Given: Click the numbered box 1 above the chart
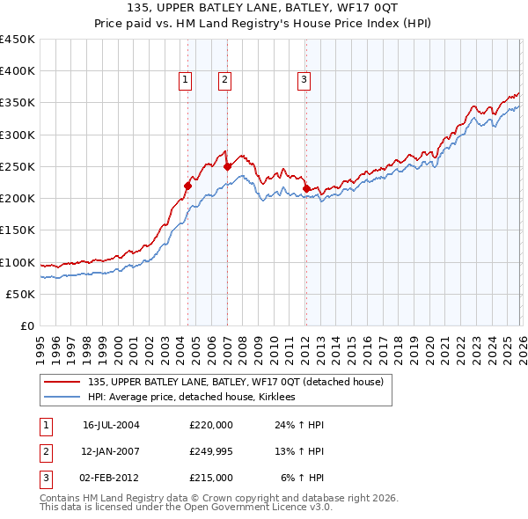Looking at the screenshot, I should point(187,80).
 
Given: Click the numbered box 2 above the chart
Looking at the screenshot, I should point(225,80).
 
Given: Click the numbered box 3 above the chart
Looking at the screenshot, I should point(304,80).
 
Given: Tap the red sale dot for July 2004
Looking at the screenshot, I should point(187,185).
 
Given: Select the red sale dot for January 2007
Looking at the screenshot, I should point(227,165).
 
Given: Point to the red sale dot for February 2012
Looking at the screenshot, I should point(305,188).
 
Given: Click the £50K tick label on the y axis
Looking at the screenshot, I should point(21,294).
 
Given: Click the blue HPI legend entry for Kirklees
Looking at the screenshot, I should point(191,398).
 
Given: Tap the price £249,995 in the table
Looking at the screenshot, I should point(210,450).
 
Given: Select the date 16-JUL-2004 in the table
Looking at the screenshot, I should point(111,424).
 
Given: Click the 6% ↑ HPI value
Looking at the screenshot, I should point(303,477).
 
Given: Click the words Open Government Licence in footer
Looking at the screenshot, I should point(242,507).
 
